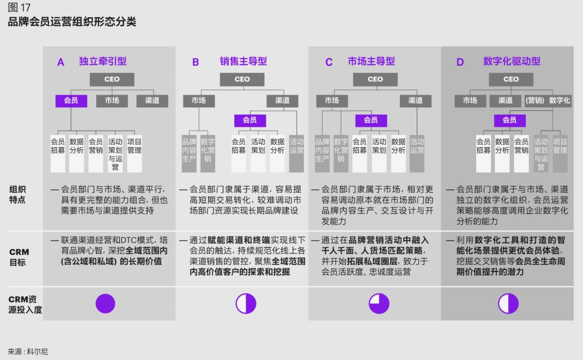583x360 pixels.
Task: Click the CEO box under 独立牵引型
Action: (x=112, y=79)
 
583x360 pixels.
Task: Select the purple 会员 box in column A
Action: (x=71, y=101)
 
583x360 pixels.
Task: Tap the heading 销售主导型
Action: (x=243, y=62)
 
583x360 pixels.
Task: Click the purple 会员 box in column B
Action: (x=250, y=120)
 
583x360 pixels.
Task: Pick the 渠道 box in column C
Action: (x=415, y=101)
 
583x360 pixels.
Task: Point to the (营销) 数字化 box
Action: (x=547, y=101)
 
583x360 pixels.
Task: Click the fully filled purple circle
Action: (x=105, y=303)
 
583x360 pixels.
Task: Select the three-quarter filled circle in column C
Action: (x=379, y=303)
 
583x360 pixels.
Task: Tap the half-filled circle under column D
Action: (x=508, y=303)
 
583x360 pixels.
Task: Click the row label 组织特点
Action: (x=17, y=194)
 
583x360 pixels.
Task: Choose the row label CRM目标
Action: (x=18, y=257)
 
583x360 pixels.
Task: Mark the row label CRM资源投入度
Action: (x=25, y=304)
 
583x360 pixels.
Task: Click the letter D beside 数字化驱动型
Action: (x=460, y=62)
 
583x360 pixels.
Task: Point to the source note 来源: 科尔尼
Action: (x=28, y=351)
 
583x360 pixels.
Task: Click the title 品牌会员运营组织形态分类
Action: (x=72, y=22)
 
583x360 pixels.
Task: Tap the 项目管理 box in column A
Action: (x=134, y=154)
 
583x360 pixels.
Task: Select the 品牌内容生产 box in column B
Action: (x=189, y=154)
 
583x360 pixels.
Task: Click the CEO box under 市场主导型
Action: (x=375, y=79)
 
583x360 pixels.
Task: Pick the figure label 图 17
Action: (x=19, y=8)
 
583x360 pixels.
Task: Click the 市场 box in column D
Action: (x=470, y=101)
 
